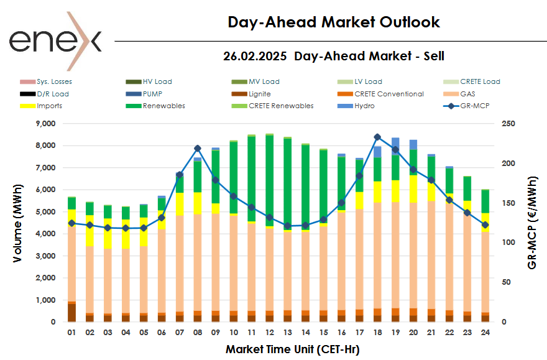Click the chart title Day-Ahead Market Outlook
point(334,22)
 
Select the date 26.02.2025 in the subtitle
point(255,56)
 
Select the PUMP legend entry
point(153,94)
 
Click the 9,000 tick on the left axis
point(44,124)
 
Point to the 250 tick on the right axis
point(507,124)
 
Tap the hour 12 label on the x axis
point(270,333)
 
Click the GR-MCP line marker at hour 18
point(377,137)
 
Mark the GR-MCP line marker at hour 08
point(198,149)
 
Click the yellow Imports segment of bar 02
point(90,231)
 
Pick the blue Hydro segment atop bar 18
point(377,152)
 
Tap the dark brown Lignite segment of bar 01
point(71,313)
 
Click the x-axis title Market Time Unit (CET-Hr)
point(292,349)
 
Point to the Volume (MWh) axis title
point(19,223)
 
